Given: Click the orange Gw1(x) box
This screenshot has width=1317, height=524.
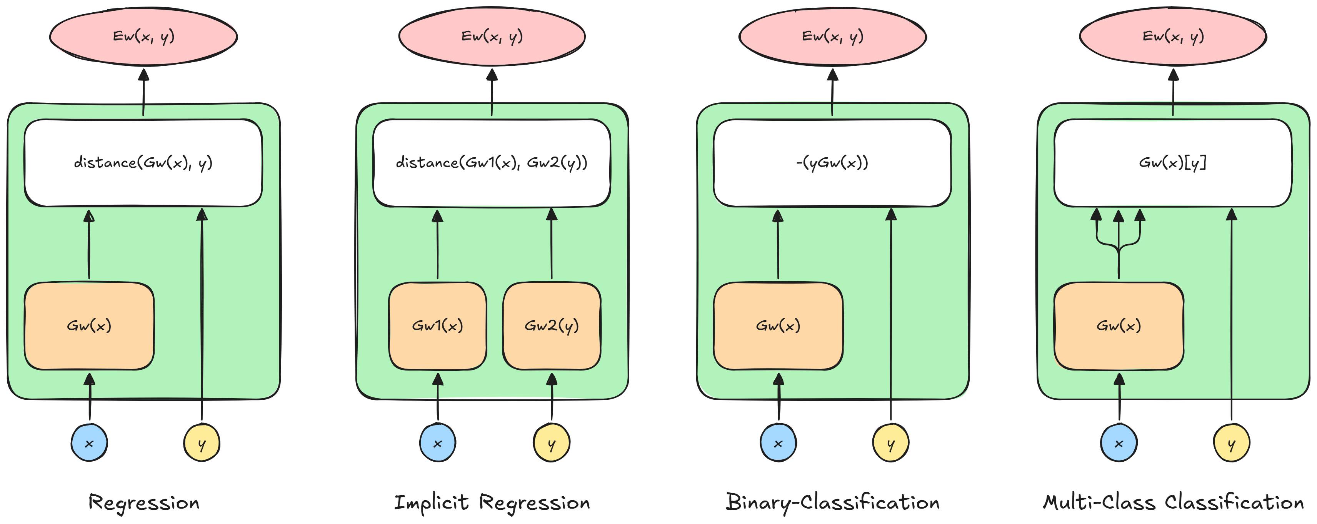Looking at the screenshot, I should [438, 325].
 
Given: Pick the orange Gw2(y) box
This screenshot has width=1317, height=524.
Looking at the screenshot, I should [552, 325].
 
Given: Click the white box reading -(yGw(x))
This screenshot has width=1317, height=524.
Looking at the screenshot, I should [832, 163].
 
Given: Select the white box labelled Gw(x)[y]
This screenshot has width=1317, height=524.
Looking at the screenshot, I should [1173, 163].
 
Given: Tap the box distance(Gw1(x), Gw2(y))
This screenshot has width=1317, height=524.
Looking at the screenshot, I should [492, 163].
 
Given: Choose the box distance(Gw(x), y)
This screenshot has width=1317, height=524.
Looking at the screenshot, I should [143, 163].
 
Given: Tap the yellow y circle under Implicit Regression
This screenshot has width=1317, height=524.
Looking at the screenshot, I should [551, 443].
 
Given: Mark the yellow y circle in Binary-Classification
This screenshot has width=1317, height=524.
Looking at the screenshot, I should [890, 443].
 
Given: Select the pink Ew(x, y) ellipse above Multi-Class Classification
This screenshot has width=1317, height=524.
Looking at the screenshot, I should [1173, 36].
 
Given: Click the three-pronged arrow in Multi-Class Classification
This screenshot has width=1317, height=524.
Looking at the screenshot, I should [1119, 245].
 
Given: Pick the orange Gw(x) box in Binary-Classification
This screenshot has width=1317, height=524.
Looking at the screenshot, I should [778, 325].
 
